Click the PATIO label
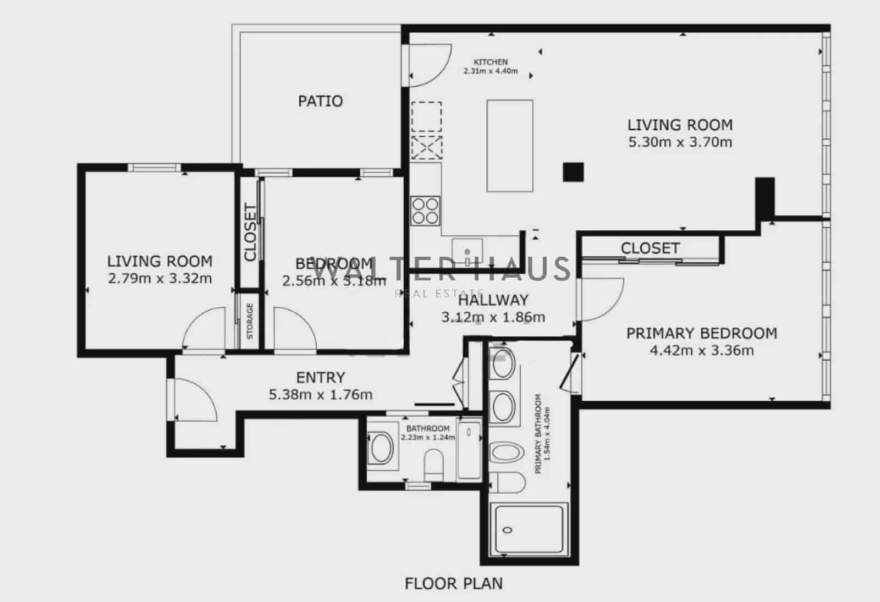click(320, 101)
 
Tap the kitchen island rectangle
click(510, 146)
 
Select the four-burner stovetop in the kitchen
click(426, 211)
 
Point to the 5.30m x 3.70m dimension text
click(680, 142)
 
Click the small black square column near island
click(573, 172)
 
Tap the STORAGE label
click(250, 321)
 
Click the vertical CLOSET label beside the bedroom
click(250, 232)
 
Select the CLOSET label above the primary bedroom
click(650, 248)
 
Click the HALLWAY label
click(493, 300)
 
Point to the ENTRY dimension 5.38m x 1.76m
click(320, 395)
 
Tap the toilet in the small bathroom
click(434, 463)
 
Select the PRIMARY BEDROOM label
click(701, 334)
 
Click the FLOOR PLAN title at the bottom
click(453, 583)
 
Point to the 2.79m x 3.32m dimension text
click(159, 279)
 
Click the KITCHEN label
click(491, 62)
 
